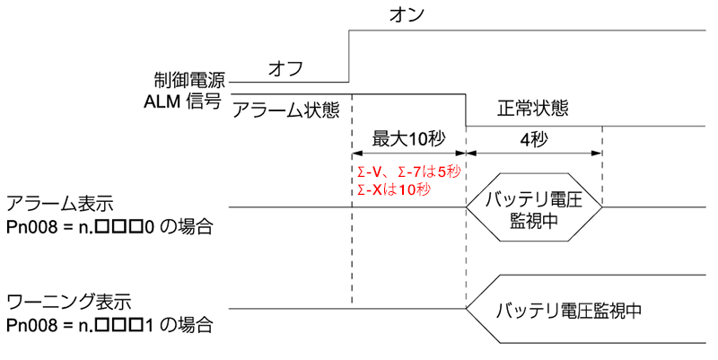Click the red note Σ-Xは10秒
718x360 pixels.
click(x=394, y=189)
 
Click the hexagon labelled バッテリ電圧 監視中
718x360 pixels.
click(x=535, y=206)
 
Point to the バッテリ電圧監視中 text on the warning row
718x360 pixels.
click(x=565, y=312)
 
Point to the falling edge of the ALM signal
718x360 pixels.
click(x=466, y=111)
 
